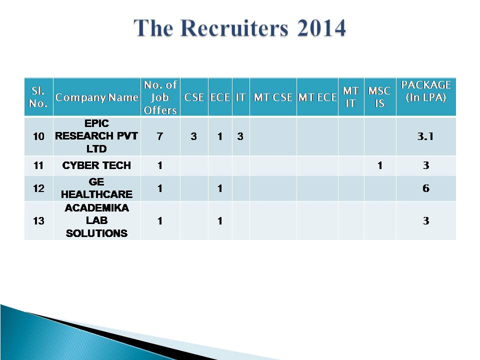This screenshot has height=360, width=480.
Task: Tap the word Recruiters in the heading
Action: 234,28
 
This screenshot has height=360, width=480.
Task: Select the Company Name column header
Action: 96,97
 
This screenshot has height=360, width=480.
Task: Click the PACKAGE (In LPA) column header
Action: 426,91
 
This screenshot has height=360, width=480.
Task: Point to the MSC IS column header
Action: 379,97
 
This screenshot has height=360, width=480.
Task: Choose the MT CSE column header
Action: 273,97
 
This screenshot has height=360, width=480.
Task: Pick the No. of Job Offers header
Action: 160,97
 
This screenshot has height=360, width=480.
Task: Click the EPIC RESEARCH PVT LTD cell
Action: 96,136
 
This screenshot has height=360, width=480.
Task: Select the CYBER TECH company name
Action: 96,165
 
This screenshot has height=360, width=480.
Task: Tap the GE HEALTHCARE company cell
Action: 96,188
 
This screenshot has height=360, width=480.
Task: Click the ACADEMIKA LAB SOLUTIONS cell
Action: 96,220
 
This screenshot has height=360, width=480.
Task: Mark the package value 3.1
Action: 425,136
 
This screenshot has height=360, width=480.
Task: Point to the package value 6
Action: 426,188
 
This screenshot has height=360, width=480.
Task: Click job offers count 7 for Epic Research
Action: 160,136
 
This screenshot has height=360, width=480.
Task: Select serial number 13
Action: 38,220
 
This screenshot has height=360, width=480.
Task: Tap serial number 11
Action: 38,165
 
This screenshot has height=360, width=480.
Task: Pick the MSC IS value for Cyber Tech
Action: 380,165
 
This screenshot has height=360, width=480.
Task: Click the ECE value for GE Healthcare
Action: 220,188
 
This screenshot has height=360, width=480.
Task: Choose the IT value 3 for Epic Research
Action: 240,136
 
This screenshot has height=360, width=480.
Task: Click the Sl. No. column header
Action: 38,97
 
